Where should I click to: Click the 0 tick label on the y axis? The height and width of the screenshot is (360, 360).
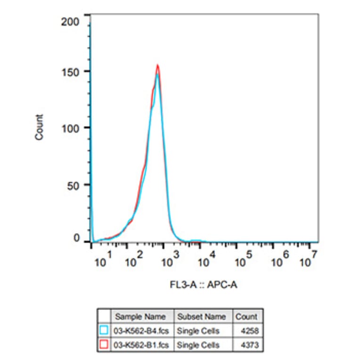[x=76, y=239]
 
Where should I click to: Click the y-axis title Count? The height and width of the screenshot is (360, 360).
[x=40, y=127]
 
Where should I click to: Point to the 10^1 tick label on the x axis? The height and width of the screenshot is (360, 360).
[x=104, y=260]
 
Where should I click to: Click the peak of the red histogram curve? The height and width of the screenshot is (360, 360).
[x=157, y=65]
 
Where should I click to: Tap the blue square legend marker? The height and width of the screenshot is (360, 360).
[x=104, y=331]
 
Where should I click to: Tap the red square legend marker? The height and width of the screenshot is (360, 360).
[x=104, y=345]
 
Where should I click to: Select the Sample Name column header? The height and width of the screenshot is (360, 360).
[x=140, y=317]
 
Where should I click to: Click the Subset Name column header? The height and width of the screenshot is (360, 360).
[x=203, y=317]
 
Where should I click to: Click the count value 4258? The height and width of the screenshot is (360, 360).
[x=249, y=331]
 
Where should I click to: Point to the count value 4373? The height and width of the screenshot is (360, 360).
[x=249, y=345]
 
